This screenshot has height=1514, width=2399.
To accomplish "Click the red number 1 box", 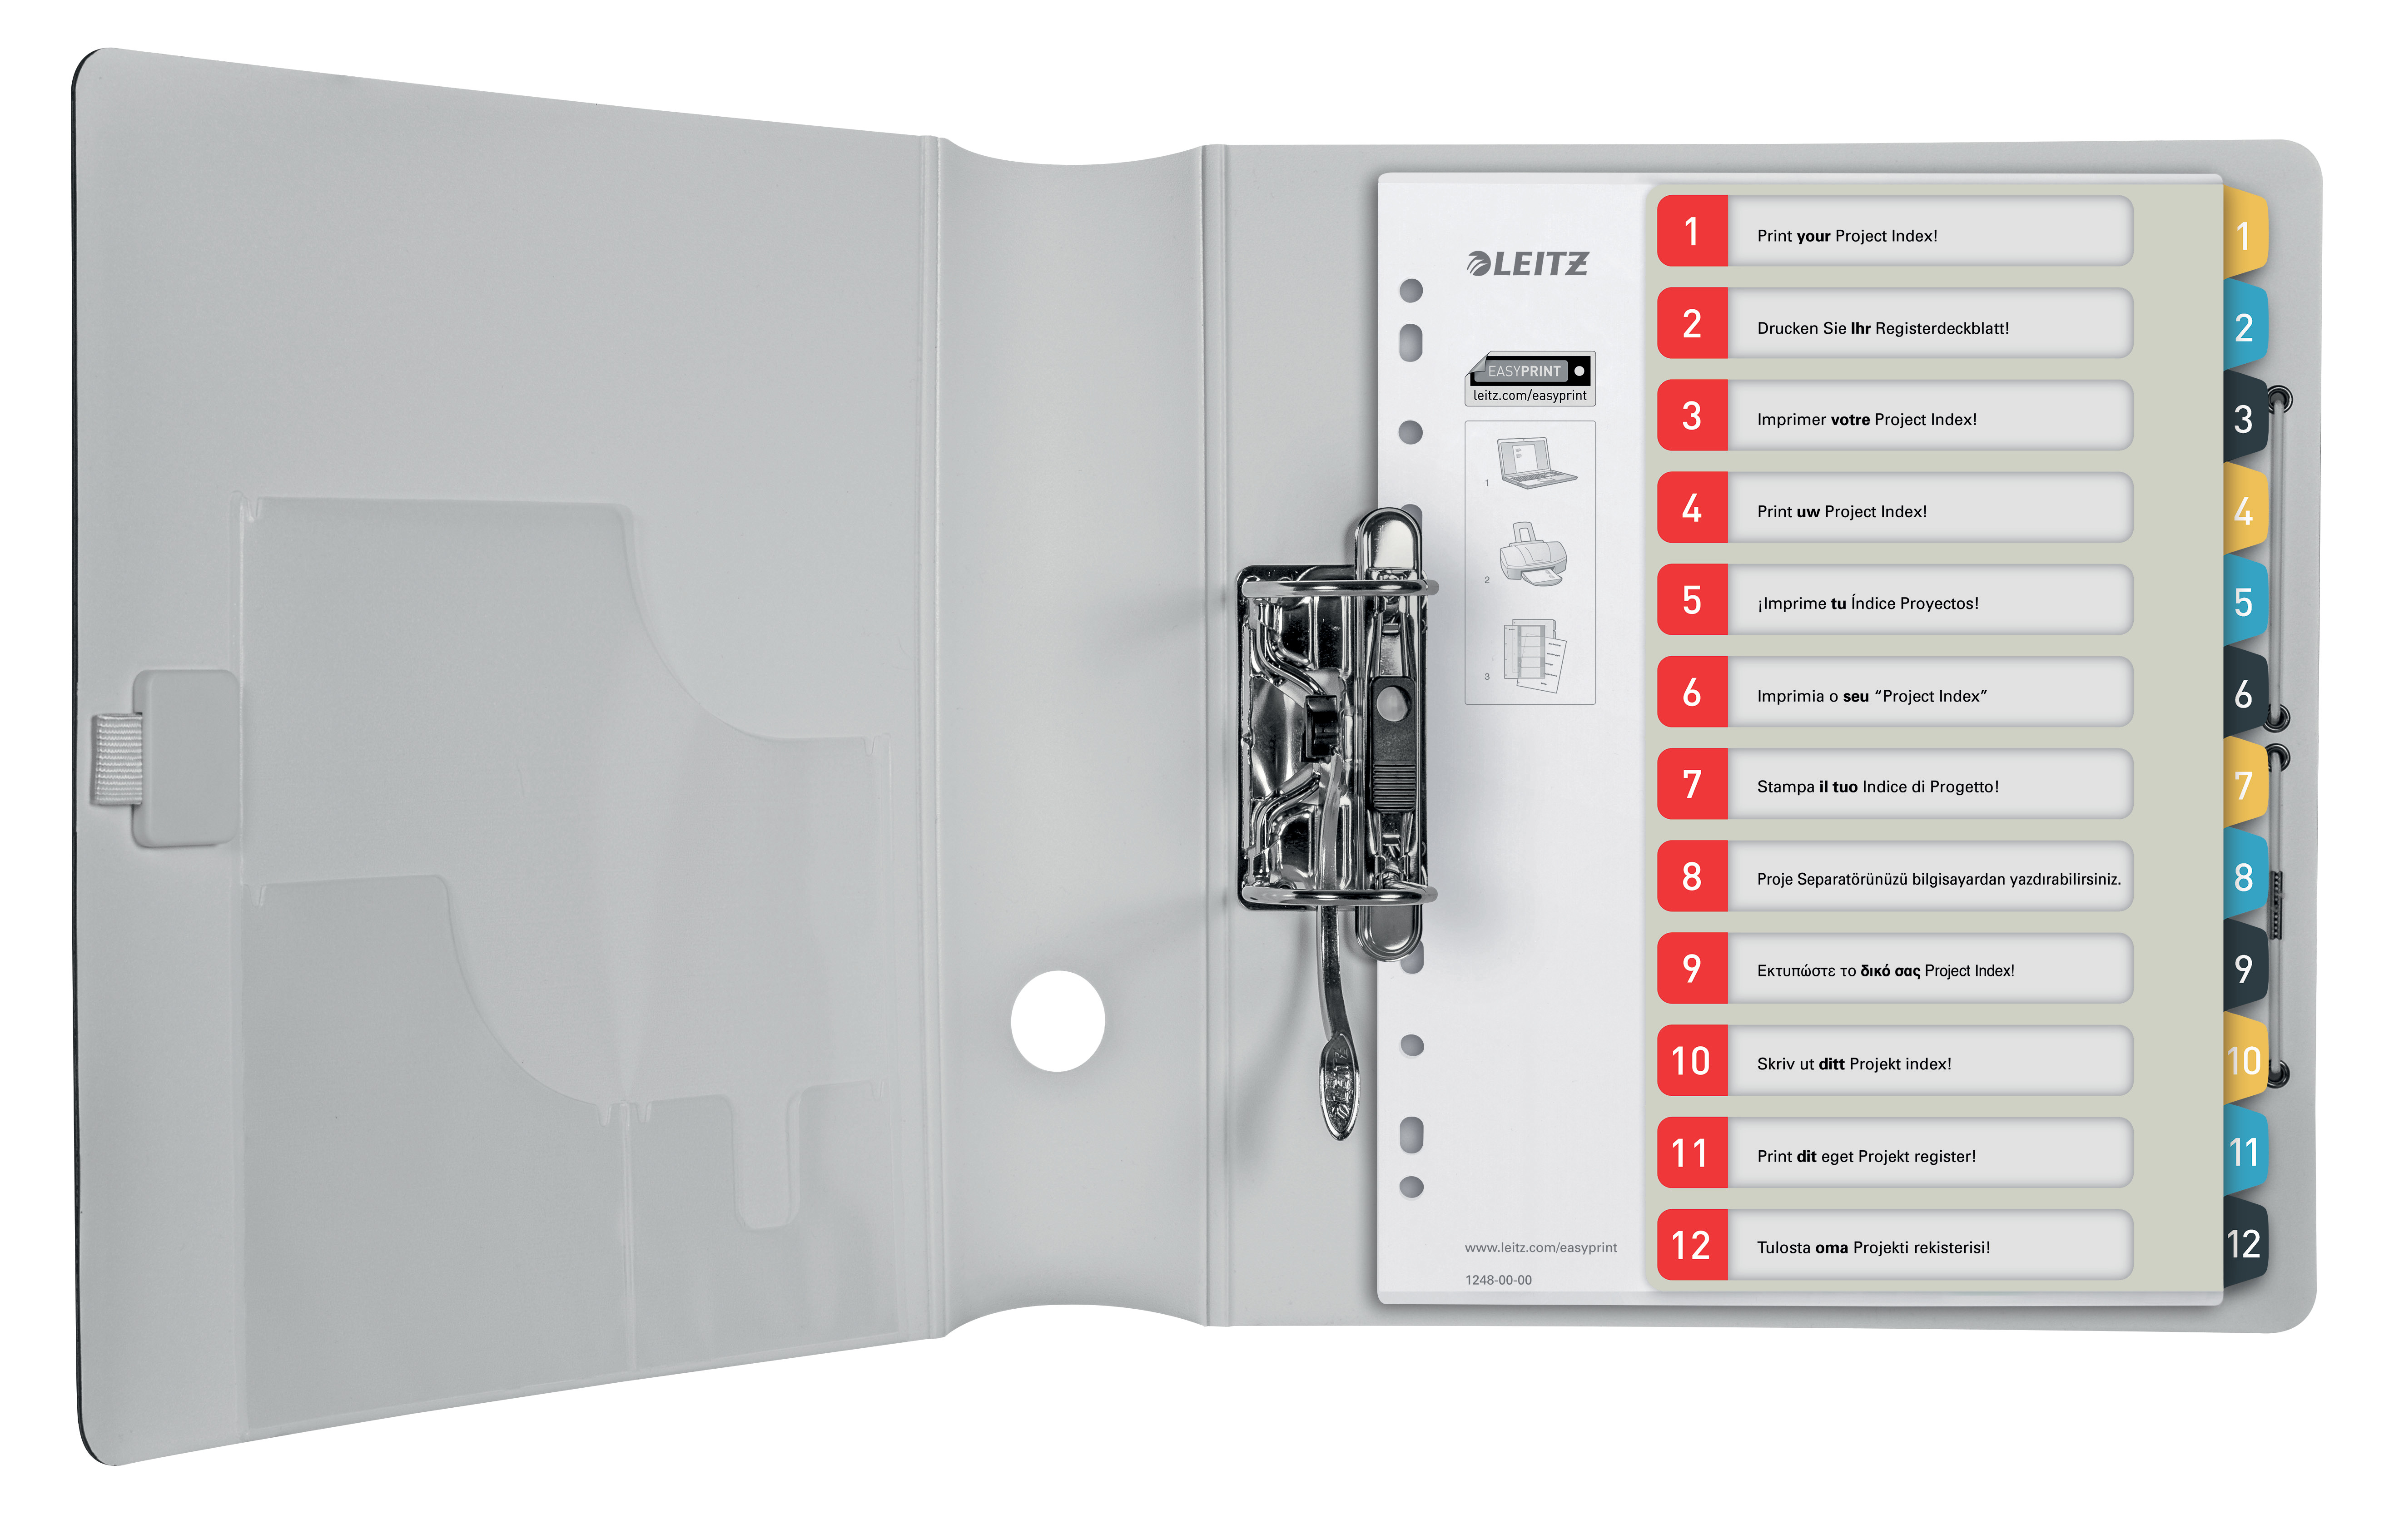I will tap(1692, 232).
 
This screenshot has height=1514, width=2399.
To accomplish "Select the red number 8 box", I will tap(1692, 876).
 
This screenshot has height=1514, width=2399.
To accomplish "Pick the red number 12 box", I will tap(1692, 1245).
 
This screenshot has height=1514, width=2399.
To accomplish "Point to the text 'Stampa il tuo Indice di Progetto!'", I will tap(1877, 787).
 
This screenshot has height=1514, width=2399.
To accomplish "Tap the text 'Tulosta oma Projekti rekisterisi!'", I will tap(1873, 1247).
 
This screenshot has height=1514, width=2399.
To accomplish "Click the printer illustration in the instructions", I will tap(1534, 555).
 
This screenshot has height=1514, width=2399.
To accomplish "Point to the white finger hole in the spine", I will tap(1057, 1021).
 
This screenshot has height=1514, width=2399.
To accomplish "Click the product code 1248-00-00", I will tap(1497, 1280).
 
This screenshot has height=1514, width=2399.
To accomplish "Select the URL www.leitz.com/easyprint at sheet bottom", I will tap(1540, 1247).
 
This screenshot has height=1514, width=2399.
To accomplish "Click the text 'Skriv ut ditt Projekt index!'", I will tap(1853, 1064).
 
